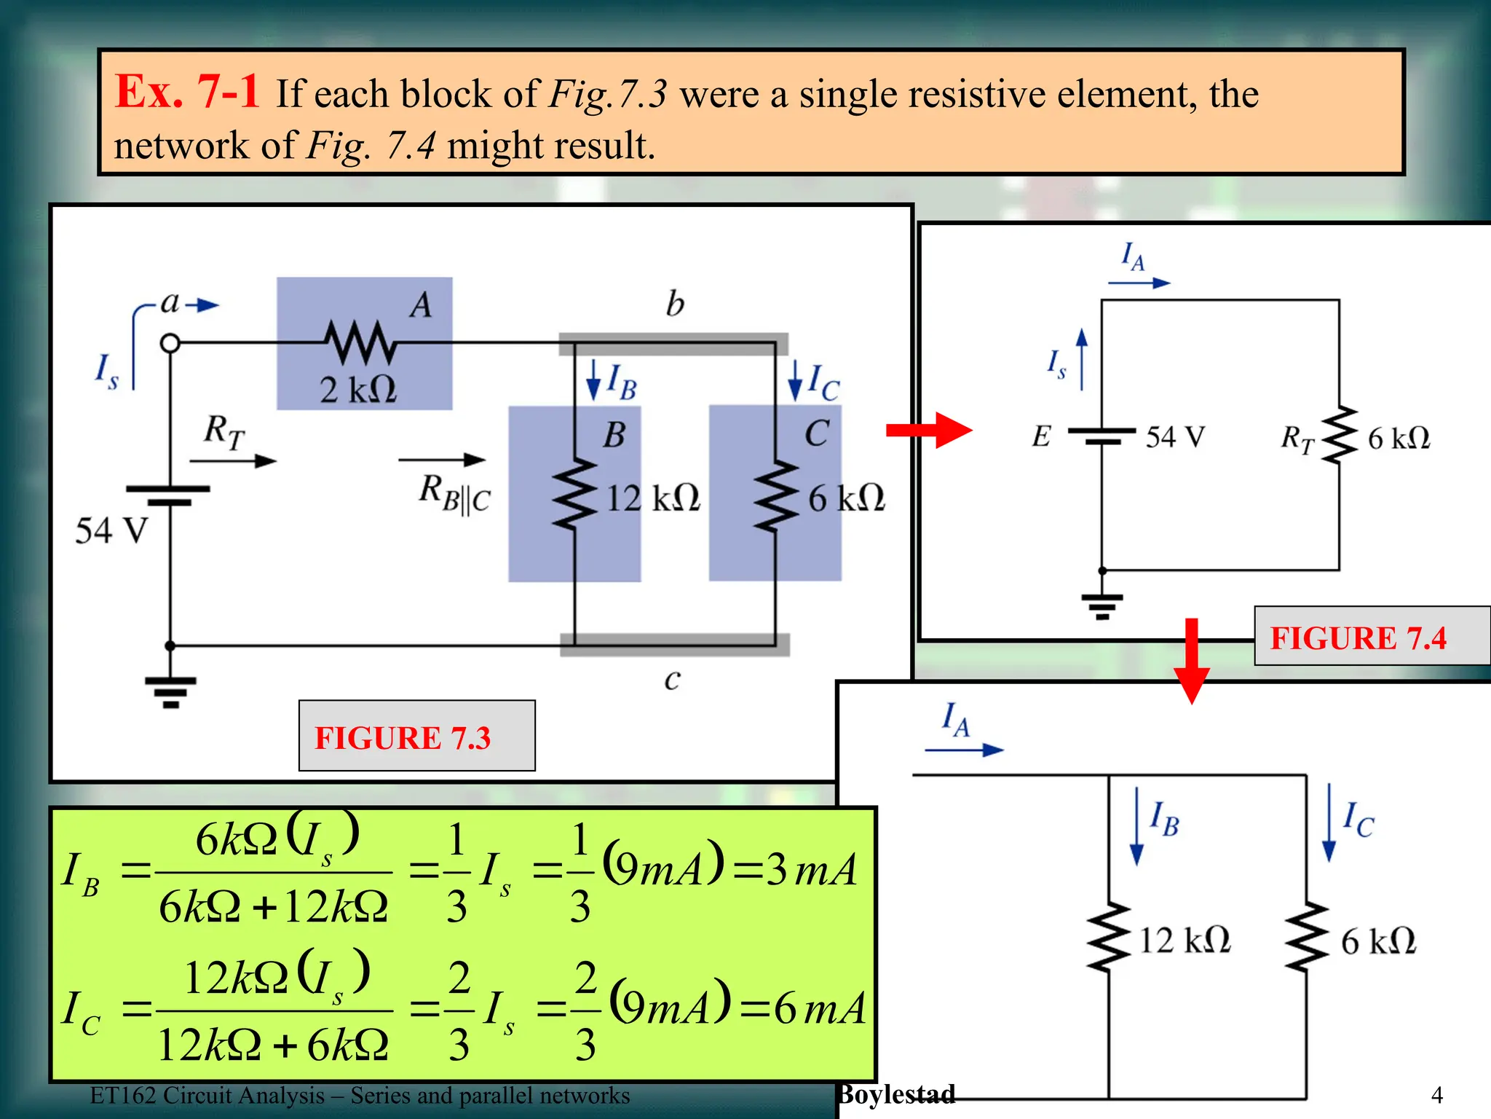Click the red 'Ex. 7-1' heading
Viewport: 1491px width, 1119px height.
187,92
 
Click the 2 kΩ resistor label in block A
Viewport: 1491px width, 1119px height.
358,390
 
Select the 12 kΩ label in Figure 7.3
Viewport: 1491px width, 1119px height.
652,499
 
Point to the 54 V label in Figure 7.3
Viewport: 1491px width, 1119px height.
111,530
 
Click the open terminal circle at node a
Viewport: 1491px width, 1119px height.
170,342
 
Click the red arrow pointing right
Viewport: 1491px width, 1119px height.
928,430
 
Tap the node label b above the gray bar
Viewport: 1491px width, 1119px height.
675,304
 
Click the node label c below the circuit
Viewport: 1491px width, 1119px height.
672,679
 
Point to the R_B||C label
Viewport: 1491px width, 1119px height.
454,493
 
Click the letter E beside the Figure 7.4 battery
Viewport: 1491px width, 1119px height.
1041,436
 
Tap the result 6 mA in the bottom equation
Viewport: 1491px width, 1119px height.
819,1008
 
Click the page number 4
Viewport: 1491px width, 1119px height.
1436,1095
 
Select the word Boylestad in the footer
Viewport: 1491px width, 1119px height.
896,1094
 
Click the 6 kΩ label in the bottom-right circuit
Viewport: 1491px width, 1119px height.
1378,941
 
